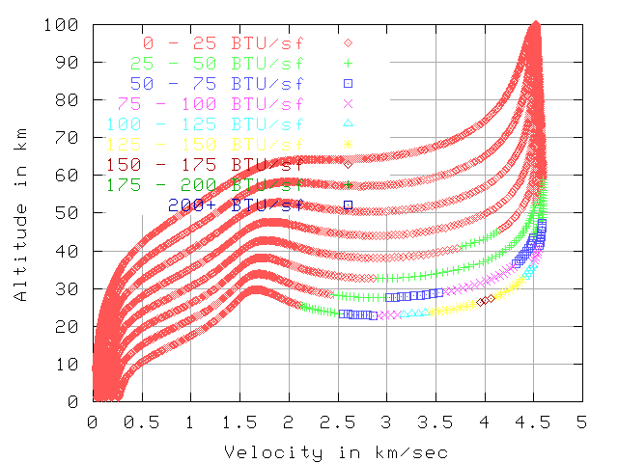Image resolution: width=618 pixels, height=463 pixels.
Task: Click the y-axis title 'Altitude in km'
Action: (x=20, y=212)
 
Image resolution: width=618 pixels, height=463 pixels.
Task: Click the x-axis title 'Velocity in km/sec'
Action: (x=336, y=450)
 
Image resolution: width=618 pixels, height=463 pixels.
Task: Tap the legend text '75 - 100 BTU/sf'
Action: (x=211, y=102)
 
